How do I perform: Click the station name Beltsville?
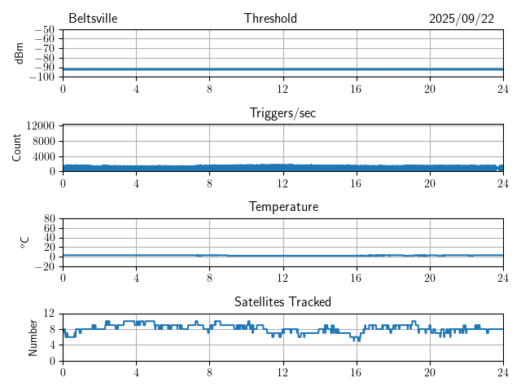click(94, 19)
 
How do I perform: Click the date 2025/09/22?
click(462, 19)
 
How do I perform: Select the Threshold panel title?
click(270, 19)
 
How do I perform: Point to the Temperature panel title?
click(282, 207)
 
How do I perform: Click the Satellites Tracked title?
click(282, 301)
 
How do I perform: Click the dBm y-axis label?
click(20, 53)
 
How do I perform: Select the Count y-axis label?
click(16, 147)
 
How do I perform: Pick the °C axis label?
click(24, 242)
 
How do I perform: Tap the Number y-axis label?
click(33, 336)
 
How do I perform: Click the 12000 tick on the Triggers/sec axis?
click(41, 126)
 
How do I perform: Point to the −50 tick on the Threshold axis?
click(45, 30)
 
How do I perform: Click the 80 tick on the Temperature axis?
click(49, 219)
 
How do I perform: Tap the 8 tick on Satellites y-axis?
click(51, 329)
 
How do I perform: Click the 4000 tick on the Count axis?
click(43, 156)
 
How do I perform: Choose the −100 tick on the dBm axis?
click(42, 77)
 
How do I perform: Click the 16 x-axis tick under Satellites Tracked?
click(356, 372)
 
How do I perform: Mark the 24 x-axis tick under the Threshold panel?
click(502, 89)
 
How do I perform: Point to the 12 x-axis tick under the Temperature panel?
click(282, 278)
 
